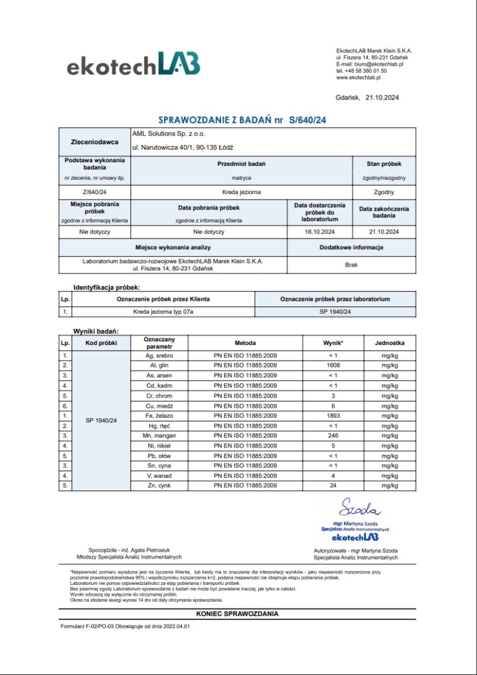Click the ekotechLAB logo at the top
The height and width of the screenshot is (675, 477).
coord(133,64)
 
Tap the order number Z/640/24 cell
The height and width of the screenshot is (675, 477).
coord(95,192)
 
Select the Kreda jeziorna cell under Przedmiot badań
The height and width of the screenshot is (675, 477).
coord(241,192)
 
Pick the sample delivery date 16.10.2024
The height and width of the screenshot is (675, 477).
coord(320,232)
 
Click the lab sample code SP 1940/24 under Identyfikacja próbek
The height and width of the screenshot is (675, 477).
coord(335,311)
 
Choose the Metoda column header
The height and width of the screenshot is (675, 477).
coord(245,343)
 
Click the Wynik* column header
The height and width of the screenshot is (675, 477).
coord(333,343)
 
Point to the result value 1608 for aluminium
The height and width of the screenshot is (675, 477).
coord(333,365)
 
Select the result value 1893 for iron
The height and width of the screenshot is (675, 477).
coord(333,416)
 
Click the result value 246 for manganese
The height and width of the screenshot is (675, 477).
coord(333,436)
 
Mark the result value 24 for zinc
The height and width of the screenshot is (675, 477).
coord(333,485)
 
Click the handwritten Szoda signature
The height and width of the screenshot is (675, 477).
coord(359,509)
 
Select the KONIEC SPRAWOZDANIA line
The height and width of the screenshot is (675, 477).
coord(237,614)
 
